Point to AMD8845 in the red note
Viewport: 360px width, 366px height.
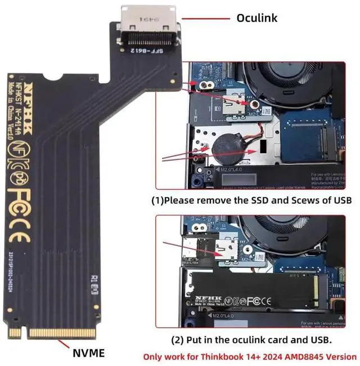(x=311, y=356)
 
